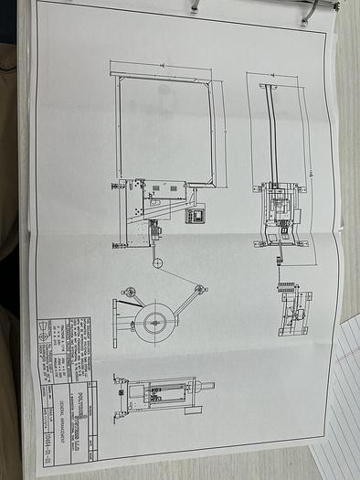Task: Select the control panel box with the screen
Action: pos(195,216)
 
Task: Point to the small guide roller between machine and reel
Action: pos(157,263)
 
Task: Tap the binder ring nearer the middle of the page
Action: pos(195,5)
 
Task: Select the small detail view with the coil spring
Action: pos(293,308)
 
